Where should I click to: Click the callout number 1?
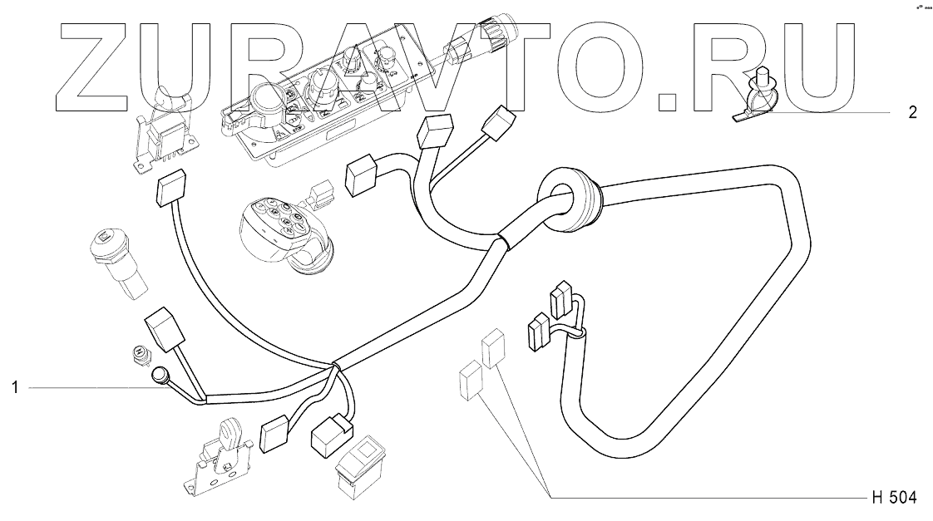coord(15,387)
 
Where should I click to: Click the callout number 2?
coord(912,112)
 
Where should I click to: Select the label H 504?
coord(894,499)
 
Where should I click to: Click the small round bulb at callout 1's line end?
coord(159,380)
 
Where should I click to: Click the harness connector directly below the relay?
coord(171,191)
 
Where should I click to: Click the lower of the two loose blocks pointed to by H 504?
coord(470,381)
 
